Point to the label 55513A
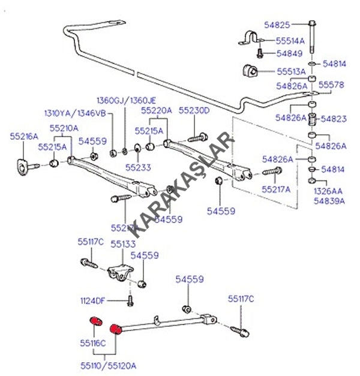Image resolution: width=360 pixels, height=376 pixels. coord(290,71)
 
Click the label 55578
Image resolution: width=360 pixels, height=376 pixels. coord(331,85)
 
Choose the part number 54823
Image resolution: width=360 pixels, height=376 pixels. coord(334,119)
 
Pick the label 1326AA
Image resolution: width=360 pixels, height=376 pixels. coord(330,191)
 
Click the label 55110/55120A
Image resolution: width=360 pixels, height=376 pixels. coord(110,364)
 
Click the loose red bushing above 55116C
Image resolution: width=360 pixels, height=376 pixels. coord(94,321)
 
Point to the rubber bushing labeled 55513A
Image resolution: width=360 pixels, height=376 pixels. coord(251,70)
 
